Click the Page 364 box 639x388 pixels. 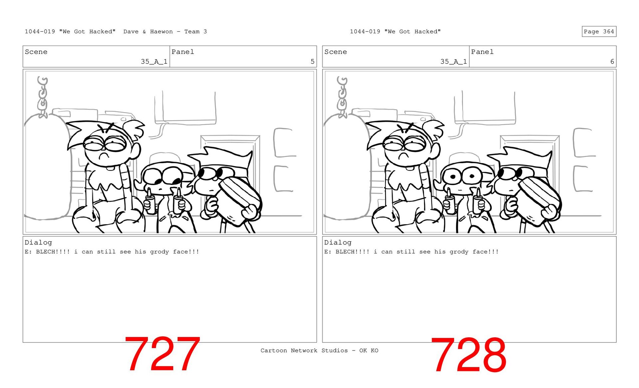point(599,32)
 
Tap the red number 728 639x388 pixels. point(469,354)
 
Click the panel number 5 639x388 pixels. point(312,62)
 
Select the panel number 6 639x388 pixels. point(612,62)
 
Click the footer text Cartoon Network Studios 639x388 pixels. point(304,350)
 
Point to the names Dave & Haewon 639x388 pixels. point(148,32)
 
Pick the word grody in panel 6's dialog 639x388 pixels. point(459,252)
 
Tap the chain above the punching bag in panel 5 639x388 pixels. point(42,97)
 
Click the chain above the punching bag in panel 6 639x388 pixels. point(342,97)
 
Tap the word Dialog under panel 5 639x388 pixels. point(38,243)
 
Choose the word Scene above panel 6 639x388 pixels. point(335,52)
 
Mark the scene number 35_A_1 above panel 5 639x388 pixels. point(154,62)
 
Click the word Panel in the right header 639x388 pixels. point(482,52)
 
